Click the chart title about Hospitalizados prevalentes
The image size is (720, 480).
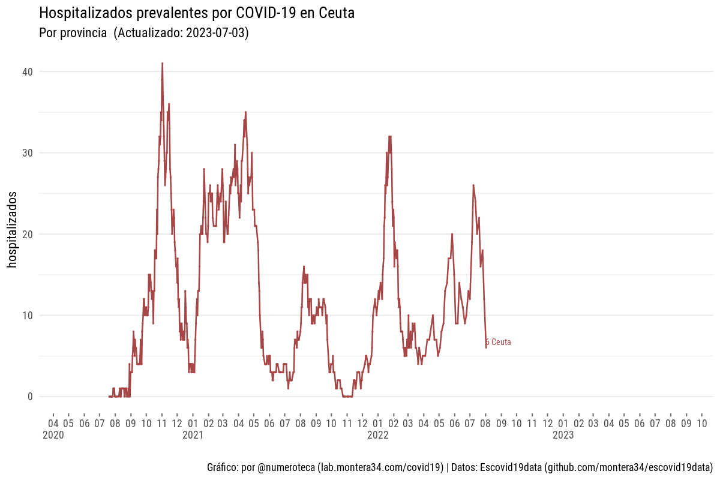[196, 13]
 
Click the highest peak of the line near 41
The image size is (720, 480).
[162, 64]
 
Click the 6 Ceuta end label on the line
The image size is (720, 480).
[499, 342]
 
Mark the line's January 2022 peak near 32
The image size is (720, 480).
[390, 137]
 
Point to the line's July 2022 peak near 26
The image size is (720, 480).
[473, 185]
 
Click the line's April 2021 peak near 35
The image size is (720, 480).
[245, 112]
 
